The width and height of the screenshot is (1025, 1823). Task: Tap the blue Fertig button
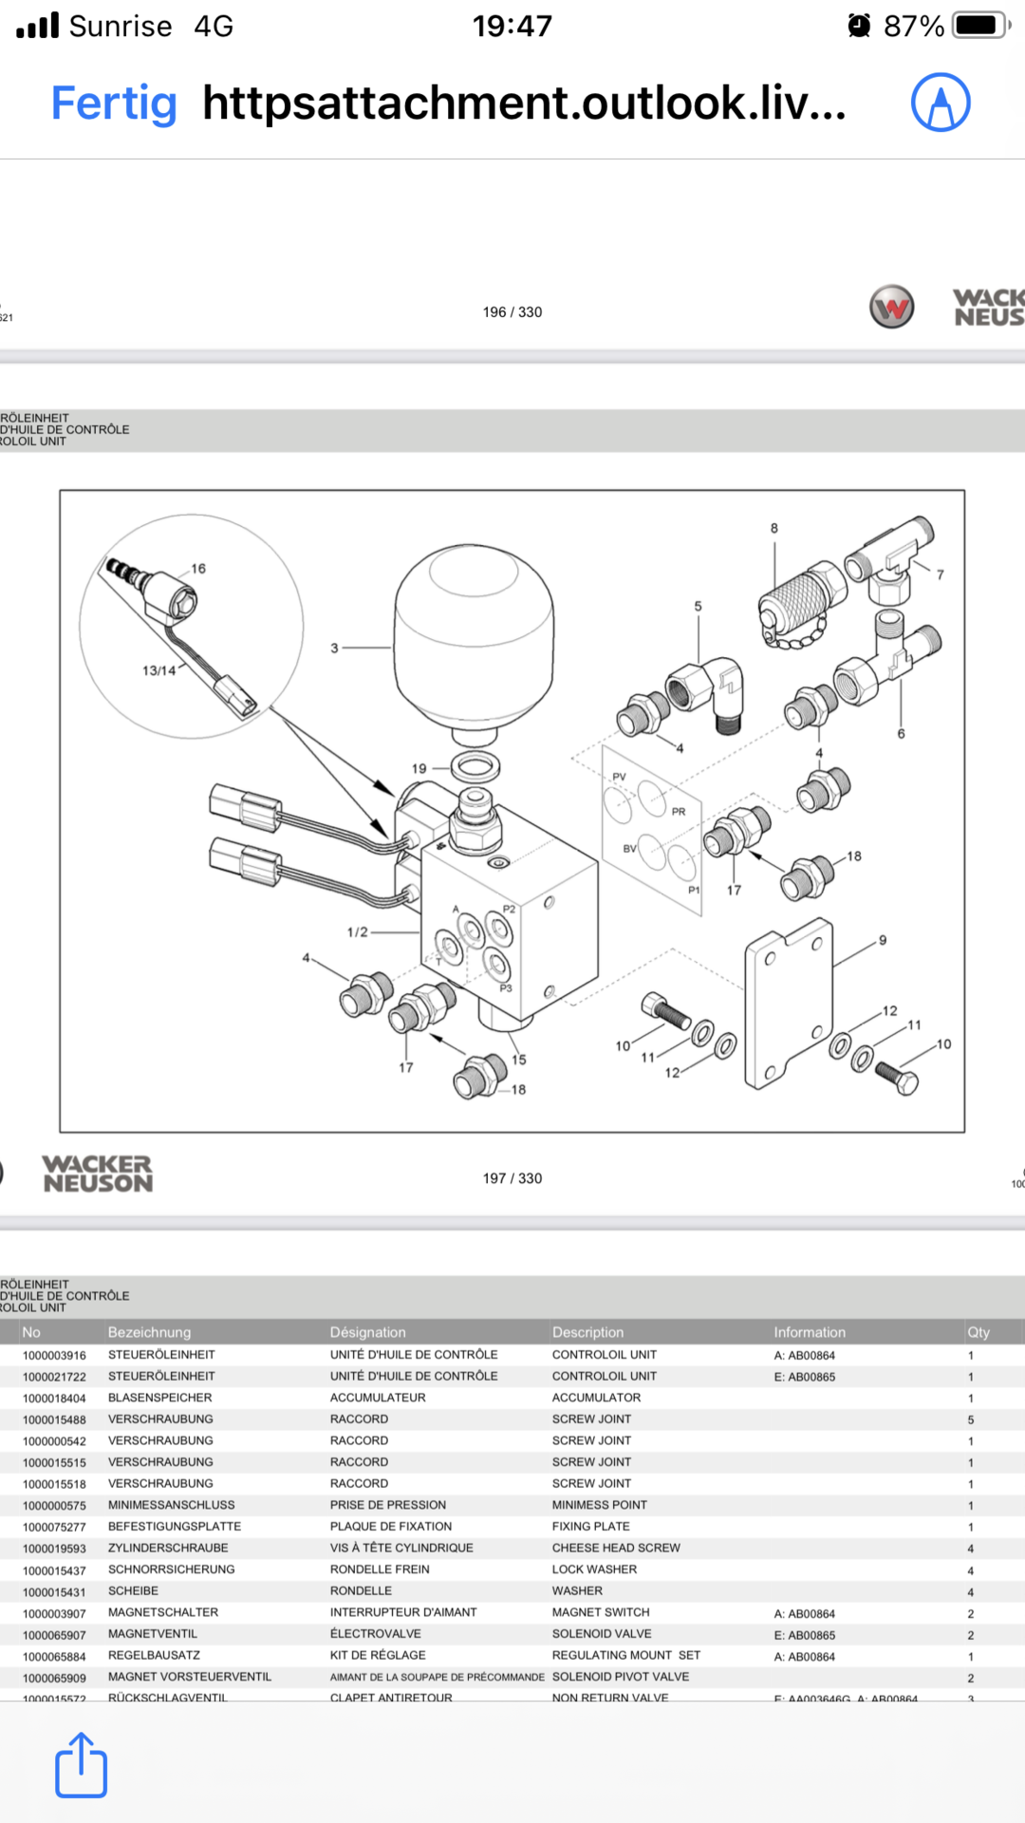click(x=114, y=103)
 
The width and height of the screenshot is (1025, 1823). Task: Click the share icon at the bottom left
click(x=81, y=1765)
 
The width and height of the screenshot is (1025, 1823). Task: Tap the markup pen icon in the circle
click(x=941, y=103)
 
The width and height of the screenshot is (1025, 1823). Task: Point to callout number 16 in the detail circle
click(x=198, y=569)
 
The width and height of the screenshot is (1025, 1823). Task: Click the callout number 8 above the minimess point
click(x=774, y=529)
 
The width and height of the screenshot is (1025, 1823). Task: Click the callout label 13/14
click(x=159, y=670)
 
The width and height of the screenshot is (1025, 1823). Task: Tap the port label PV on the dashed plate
click(x=620, y=777)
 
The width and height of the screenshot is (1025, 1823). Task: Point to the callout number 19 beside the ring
click(x=419, y=768)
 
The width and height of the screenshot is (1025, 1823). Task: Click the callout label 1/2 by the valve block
click(x=357, y=932)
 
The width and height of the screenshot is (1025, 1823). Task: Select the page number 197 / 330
click(x=512, y=1178)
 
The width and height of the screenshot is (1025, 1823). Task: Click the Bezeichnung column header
click(x=149, y=1332)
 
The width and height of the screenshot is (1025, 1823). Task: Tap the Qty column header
click(x=978, y=1332)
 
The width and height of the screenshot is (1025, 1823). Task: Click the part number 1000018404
click(x=54, y=1399)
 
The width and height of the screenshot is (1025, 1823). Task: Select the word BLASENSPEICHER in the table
click(x=160, y=1398)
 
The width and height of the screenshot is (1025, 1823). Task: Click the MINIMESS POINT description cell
click(x=600, y=1505)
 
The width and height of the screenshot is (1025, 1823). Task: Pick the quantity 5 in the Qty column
click(x=971, y=1420)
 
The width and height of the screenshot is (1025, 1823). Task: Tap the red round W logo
click(x=892, y=308)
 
